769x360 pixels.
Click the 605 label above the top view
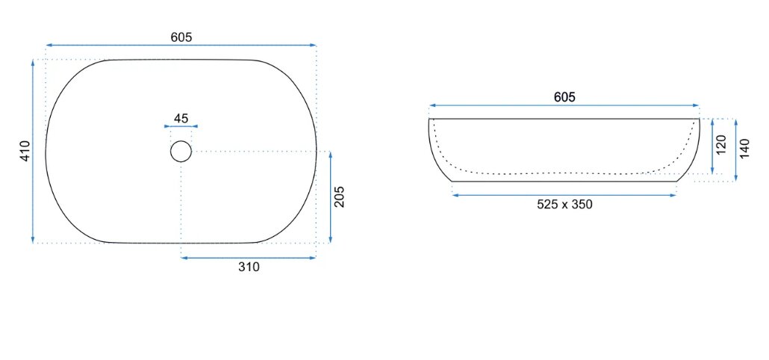(x=181, y=37)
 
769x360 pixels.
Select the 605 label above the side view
(x=564, y=97)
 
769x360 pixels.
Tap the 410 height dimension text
(x=25, y=151)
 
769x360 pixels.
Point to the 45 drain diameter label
(x=181, y=118)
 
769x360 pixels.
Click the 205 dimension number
(x=340, y=196)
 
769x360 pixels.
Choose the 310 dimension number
(x=249, y=267)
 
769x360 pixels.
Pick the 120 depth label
(x=721, y=145)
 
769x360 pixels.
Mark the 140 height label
(x=745, y=149)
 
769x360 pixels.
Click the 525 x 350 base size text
(x=564, y=204)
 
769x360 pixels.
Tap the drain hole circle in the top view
(x=181, y=140)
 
